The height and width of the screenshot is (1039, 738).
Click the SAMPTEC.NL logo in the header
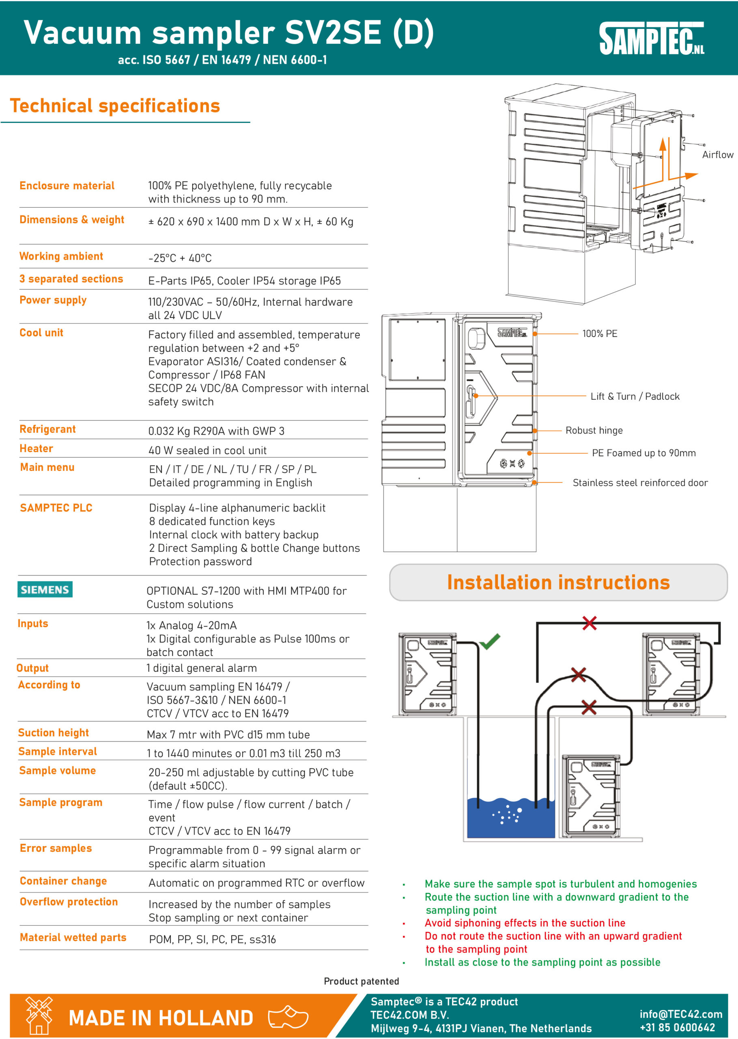point(651,39)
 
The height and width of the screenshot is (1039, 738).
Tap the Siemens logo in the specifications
point(45,589)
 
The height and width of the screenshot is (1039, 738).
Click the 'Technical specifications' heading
point(115,106)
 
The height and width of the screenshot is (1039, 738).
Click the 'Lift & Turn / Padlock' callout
point(635,397)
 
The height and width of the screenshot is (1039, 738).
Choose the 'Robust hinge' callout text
point(594,431)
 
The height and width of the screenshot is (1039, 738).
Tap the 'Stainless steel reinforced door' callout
point(640,483)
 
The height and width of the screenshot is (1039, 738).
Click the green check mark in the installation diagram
point(490,641)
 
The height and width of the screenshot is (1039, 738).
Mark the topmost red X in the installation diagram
point(589,623)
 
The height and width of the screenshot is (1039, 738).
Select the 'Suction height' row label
point(53,733)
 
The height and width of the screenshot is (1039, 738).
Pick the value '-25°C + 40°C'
point(180,258)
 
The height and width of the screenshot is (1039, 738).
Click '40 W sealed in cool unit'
point(207,451)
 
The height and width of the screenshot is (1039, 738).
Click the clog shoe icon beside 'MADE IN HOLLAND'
point(288,1016)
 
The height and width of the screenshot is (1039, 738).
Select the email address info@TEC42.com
point(680,1014)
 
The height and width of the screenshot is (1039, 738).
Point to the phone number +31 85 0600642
point(677,1028)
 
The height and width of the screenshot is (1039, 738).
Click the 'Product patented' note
point(361,981)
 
